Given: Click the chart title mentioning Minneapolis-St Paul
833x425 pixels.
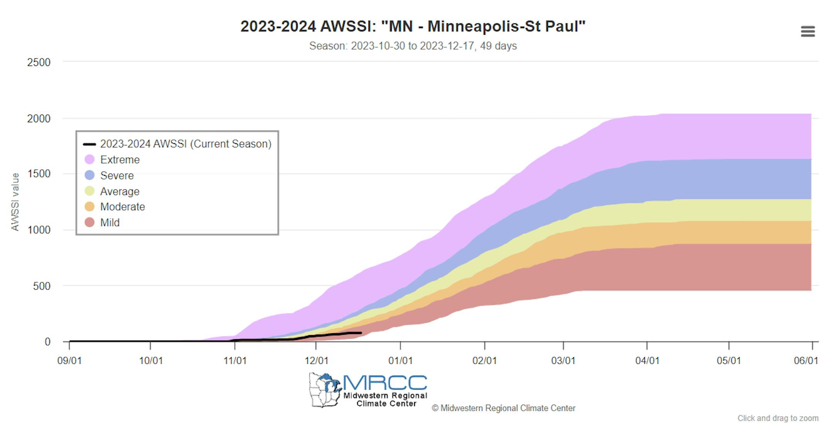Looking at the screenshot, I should (x=413, y=27).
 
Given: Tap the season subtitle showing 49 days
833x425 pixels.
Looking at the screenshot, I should (x=413, y=46).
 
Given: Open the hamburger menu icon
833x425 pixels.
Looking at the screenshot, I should (x=808, y=31).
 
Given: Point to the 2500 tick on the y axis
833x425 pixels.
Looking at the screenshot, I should (x=39, y=62).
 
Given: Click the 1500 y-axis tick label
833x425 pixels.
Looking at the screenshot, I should (x=39, y=174).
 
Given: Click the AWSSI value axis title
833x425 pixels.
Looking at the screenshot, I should (x=15, y=202).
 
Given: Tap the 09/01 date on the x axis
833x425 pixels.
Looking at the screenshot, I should (x=69, y=361).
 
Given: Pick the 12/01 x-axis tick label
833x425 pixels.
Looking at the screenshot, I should (x=316, y=361).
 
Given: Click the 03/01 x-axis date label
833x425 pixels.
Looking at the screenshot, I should (x=563, y=361).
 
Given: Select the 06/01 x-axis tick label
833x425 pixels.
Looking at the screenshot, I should (x=806, y=361).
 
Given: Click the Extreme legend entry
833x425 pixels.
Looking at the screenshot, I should (x=120, y=160).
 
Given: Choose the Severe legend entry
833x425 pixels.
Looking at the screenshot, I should (x=116, y=175).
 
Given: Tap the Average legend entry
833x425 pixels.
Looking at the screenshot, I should (x=120, y=191).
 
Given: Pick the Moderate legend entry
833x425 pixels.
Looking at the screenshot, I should (x=122, y=207).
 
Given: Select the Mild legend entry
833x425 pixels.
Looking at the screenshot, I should (x=110, y=223).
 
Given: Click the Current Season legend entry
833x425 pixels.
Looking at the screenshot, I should (x=185, y=144).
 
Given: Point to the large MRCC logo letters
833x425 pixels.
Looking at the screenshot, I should (x=384, y=383).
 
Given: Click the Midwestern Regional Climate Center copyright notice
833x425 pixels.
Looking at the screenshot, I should (x=503, y=408).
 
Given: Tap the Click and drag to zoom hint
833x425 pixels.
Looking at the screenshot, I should (x=777, y=418).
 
